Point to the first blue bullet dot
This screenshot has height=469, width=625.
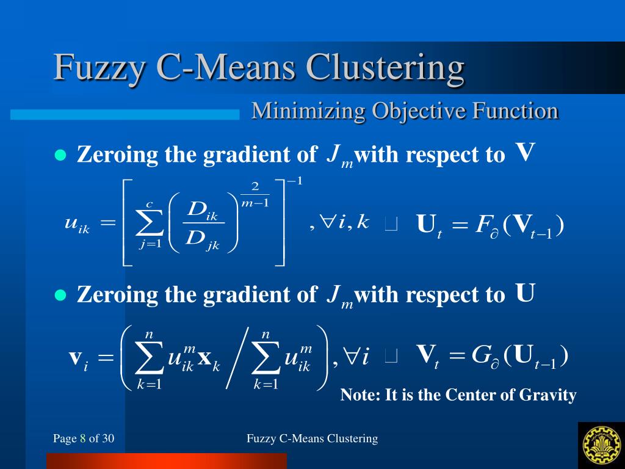(x=60, y=155)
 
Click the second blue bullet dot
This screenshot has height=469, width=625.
(x=60, y=295)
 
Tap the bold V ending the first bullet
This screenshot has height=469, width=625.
(x=525, y=153)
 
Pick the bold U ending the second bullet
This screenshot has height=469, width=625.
(x=525, y=293)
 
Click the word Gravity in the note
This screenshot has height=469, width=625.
(x=547, y=395)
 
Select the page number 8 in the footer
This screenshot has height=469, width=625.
(x=83, y=438)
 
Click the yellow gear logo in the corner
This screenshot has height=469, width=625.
(x=601, y=444)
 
